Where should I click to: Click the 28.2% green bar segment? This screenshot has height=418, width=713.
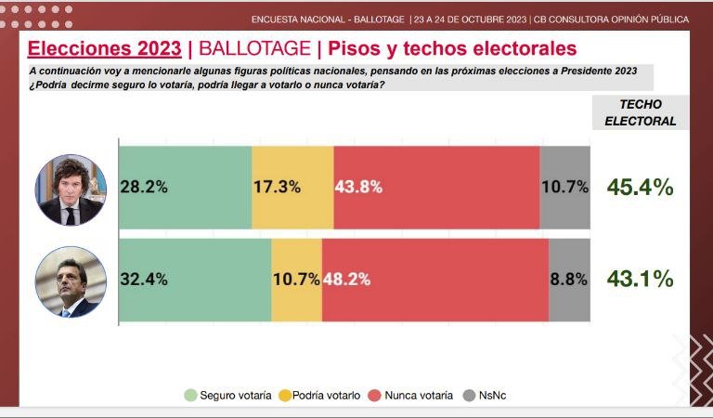186,186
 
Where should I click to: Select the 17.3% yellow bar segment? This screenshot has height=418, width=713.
292,186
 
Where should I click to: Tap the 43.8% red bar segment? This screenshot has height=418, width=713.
436,186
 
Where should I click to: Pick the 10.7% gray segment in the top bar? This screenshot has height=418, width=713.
564,186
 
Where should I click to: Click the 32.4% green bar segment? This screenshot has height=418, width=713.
195,279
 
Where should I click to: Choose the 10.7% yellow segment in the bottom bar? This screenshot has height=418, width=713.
296,279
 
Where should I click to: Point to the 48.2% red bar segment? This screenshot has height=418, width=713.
434,279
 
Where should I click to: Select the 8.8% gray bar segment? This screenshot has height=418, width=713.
569,279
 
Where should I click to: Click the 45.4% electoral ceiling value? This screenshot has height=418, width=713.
640,187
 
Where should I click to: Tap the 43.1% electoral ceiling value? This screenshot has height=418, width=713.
640,278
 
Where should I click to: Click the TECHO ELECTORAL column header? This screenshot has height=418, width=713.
640,112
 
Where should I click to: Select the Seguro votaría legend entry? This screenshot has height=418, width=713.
228,396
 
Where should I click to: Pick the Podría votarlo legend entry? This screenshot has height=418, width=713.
319,396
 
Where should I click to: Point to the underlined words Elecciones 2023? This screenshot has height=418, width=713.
105,48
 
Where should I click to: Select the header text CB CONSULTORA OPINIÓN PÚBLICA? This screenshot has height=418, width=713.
613,19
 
